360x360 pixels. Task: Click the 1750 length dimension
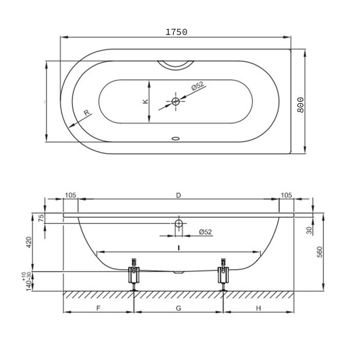[x=176, y=32]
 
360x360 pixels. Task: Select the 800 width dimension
[x=300, y=105]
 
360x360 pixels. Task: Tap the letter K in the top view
[x=146, y=101]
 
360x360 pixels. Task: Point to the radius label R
[x=86, y=113]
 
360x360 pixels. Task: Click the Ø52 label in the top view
[x=197, y=86]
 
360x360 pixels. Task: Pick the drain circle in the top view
[x=176, y=101]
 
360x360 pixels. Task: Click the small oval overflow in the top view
[x=176, y=138]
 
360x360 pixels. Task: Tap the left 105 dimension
[x=70, y=195]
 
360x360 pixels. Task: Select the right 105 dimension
[x=286, y=195]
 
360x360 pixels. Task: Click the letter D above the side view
[x=178, y=195]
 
